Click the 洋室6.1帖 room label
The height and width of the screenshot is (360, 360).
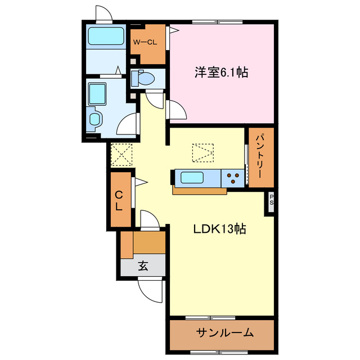click(x=222, y=73)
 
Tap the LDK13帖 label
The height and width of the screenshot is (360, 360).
click(x=219, y=229)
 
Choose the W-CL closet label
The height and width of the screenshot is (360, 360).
click(x=145, y=42)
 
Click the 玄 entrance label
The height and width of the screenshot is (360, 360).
click(x=143, y=267)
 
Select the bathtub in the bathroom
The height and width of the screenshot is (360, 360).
click(x=106, y=37)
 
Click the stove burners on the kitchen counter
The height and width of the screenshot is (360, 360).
click(x=233, y=178)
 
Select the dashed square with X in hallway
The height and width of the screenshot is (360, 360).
click(x=122, y=155)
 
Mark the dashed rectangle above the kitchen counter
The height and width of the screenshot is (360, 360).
click(x=203, y=152)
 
